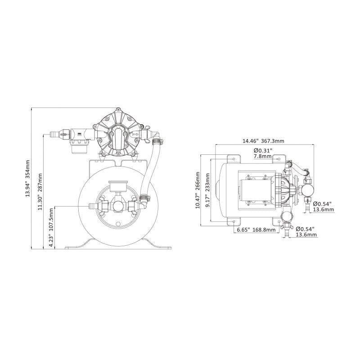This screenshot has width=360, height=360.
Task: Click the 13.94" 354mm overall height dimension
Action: click(x=28, y=179)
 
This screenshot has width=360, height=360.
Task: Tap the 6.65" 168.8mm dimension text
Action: click(x=256, y=230)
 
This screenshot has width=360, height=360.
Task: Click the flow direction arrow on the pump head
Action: click(x=135, y=134)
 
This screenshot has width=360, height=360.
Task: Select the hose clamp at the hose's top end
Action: click(x=156, y=143)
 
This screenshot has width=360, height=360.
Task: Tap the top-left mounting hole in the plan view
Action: click(x=234, y=158)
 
